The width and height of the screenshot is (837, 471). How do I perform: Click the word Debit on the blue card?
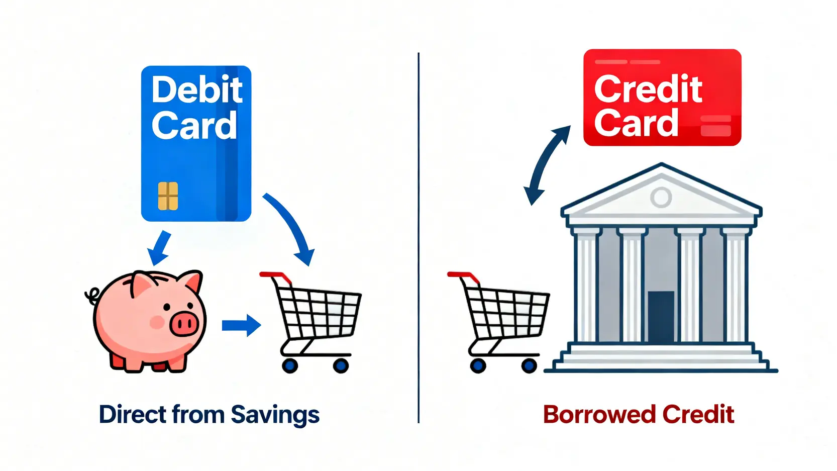pos(197,89)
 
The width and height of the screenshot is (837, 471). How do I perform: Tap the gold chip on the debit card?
pos(168,196)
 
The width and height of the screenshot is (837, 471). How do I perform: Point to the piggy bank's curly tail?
pos(92,296)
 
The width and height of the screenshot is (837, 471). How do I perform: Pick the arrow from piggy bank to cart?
pos(241,325)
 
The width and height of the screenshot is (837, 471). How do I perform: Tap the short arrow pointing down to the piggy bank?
pos(159,248)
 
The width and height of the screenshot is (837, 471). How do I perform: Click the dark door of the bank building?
pos(661,317)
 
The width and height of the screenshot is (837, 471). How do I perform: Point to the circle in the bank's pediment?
pos(661,197)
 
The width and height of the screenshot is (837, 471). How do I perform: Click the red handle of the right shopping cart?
pos(463,277)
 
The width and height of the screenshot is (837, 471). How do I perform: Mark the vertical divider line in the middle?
pos(419,238)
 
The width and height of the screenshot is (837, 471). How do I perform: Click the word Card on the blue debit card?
pos(194,125)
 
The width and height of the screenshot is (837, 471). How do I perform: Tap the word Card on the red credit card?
pos(636,122)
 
